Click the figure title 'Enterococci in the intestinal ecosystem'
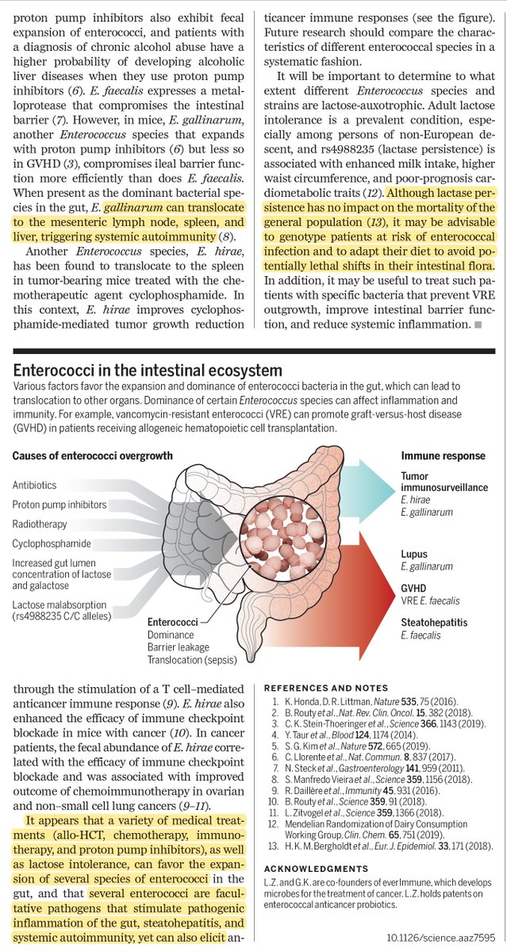[148, 370]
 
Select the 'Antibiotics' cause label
[34, 485]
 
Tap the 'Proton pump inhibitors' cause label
[60, 505]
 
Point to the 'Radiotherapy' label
[40, 524]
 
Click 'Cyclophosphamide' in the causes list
[52, 544]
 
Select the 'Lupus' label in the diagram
[414, 555]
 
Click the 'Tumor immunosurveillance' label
[444, 482]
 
